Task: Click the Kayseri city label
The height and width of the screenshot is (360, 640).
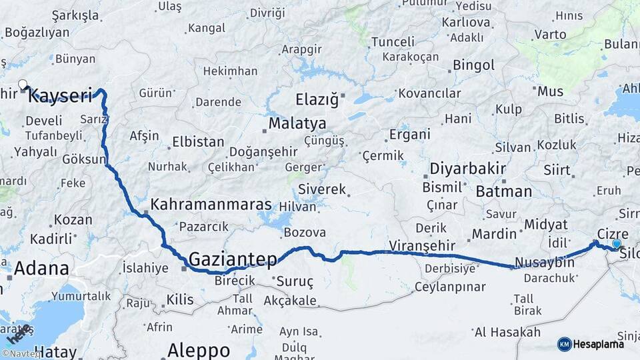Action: tap(61, 95)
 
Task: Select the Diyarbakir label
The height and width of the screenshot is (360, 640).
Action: tap(467, 167)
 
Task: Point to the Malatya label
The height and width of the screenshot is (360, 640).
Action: tap(297, 124)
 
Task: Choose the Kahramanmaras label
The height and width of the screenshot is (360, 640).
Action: tap(211, 205)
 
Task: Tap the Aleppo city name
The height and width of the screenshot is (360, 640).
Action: tap(199, 349)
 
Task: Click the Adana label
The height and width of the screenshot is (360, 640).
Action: tap(41, 269)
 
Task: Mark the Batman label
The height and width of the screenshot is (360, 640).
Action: tap(504, 192)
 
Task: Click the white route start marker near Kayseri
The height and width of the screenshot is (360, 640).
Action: tap(23, 85)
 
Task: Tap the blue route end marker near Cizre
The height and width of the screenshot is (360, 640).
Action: tap(617, 244)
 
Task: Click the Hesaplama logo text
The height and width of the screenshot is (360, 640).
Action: tap(599, 344)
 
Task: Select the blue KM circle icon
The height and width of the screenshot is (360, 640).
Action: tap(564, 344)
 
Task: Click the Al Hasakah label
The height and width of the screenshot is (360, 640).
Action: tap(507, 331)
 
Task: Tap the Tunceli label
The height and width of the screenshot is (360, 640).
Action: tap(393, 41)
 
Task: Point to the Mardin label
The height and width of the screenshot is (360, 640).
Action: tap(495, 234)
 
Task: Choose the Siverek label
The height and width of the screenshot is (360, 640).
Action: tap(322, 189)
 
